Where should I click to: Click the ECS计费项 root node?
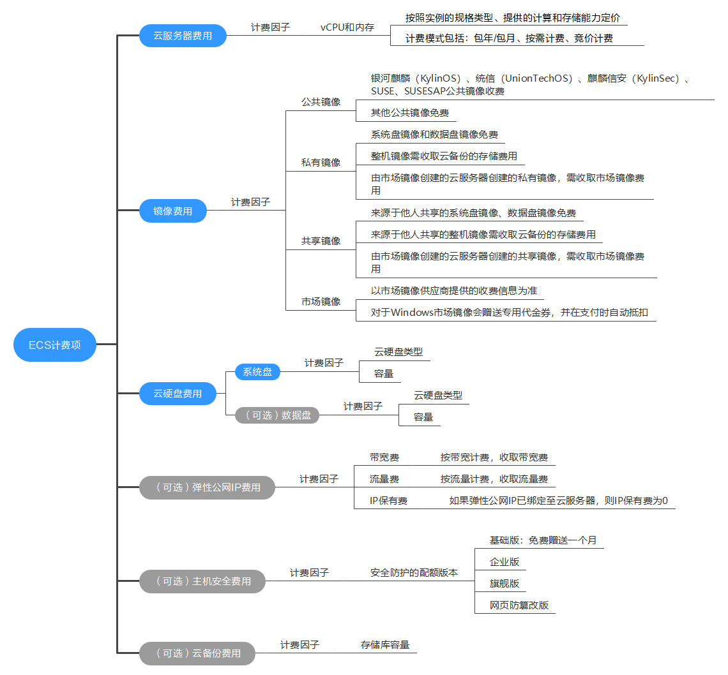(x=55, y=345)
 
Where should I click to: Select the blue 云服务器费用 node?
(x=183, y=36)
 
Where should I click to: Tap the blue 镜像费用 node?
(x=173, y=211)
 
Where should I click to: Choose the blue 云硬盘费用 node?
(x=178, y=394)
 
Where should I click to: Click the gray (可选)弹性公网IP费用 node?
(x=208, y=487)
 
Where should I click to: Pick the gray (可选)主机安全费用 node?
(x=202, y=581)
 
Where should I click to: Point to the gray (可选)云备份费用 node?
(x=197, y=653)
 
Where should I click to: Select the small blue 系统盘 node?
(x=257, y=371)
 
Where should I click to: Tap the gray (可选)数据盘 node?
(x=277, y=415)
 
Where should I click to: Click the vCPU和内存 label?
(x=347, y=27)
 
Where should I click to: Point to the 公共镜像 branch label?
(x=321, y=102)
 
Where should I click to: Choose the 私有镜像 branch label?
(x=321, y=163)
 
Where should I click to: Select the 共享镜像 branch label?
(x=321, y=241)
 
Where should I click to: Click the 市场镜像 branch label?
(x=321, y=302)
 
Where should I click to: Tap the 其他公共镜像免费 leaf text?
(x=410, y=114)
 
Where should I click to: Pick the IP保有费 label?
(x=388, y=501)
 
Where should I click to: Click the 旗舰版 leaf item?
(x=504, y=583)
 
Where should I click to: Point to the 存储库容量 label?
(x=385, y=645)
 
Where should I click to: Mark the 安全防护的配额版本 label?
(x=414, y=573)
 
